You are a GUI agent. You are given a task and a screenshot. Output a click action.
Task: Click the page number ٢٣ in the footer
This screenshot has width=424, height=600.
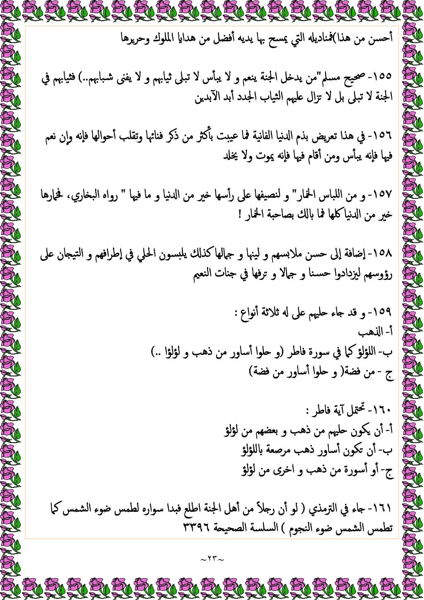212,559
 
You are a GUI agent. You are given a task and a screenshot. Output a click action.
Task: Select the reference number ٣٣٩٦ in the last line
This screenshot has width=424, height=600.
197,529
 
